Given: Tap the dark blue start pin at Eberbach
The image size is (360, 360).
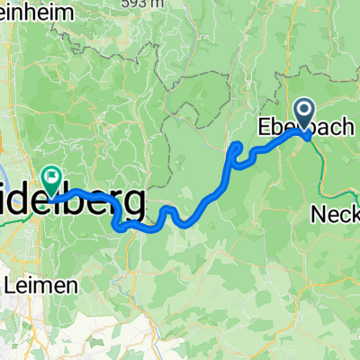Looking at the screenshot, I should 304,115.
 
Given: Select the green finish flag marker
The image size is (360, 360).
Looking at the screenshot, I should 52,175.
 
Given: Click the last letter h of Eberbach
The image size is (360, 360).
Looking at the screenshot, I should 351,129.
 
